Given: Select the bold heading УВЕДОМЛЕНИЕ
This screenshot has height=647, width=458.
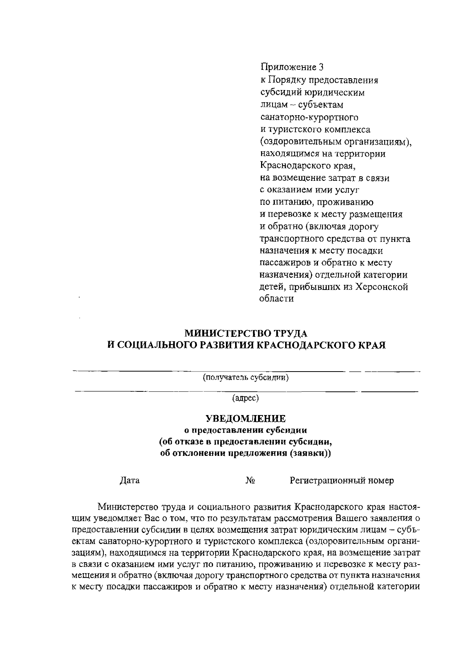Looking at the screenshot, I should click(245, 418).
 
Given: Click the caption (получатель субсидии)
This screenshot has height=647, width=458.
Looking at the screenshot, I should click(245, 378).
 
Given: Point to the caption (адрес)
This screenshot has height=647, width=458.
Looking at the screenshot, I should click(245, 398).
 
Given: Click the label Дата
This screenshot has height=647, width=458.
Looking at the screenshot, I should click(130, 481).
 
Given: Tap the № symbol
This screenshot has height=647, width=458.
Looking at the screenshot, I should click(250, 481).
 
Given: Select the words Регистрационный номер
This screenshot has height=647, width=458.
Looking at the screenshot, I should click(342, 481).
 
